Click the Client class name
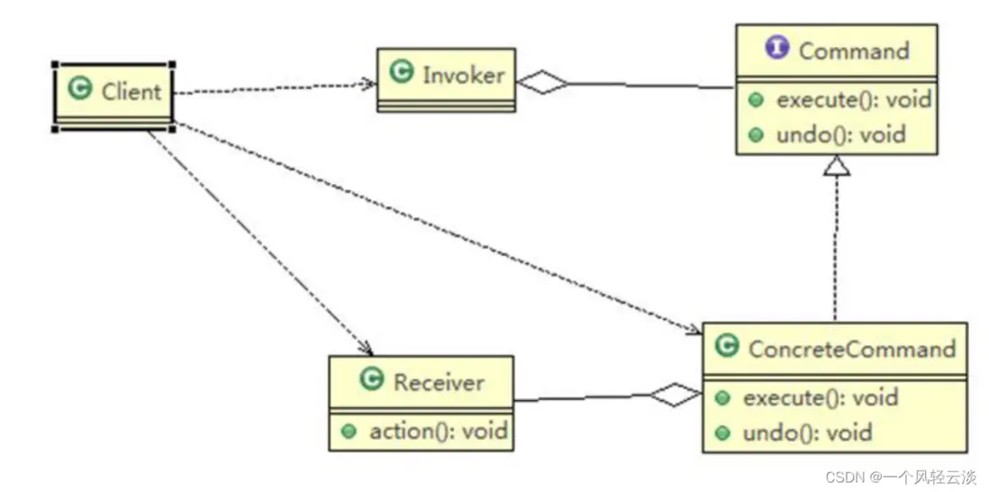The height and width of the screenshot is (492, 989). tap(131, 91)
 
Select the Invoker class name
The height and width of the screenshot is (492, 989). tap(463, 75)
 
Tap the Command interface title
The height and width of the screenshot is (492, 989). tap(853, 50)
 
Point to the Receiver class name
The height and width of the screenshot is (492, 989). tap(439, 382)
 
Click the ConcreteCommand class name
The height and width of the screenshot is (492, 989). tap(851, 348)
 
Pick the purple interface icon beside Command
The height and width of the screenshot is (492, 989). tap(777, 49)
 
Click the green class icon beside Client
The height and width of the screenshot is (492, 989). tap(81, 89)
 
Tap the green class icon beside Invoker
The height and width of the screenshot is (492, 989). tap(402, 74)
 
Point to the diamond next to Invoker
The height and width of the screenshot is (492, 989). tap(540, 84)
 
